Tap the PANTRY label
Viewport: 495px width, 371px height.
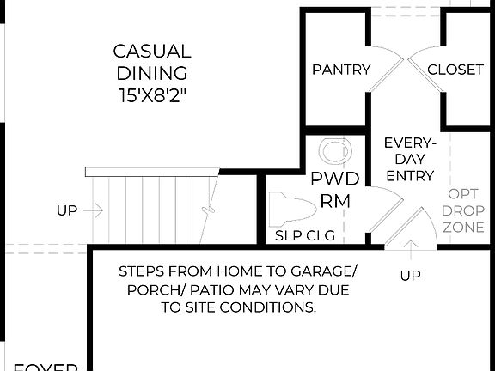pos(341,70)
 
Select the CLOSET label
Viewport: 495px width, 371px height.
pos(455,70)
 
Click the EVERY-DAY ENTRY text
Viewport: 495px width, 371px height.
pos(410,159)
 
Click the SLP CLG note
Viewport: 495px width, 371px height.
pos(304,235)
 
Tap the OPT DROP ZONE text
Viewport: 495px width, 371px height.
pos(463,211)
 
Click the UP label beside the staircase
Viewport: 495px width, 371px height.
pos(67,210)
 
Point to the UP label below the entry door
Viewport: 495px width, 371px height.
pos(411,275)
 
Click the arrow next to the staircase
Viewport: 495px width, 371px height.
pos(95,210)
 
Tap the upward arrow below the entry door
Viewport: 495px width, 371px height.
pos(411,250)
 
